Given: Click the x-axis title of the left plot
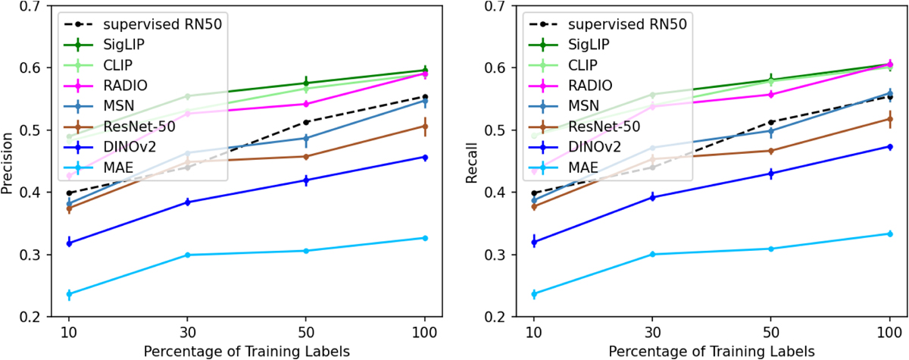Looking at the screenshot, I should [x=247, y=351].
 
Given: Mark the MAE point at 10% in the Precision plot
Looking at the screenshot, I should [x=69, y=294].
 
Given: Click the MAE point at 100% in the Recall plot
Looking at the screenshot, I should [x=889, y=233].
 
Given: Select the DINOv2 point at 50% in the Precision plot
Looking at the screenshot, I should [x=305, y=180].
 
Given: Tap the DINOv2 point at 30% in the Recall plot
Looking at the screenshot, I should [x=651, y=197].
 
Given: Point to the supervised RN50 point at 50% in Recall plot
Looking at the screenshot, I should [x=770, y=122].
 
